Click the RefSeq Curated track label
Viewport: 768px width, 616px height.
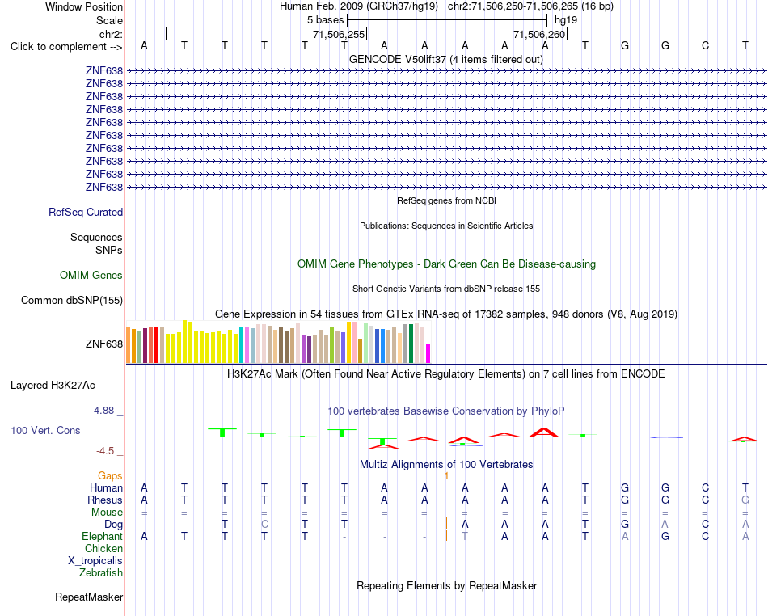(x=86, y=212)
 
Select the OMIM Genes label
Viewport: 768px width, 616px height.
(x=91, y=275)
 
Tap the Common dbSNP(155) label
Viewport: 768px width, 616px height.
(x=72, y=300)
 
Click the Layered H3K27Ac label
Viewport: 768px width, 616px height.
(x=53, y=386)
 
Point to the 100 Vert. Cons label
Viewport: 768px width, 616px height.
(x=45, y=430)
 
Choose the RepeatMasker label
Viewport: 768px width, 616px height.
(x=89, y=597)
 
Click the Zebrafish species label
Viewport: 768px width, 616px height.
(x=101, y=572)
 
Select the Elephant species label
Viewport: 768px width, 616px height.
(x=102, y=536)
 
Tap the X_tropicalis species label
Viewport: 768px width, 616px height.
(x=95, y=561)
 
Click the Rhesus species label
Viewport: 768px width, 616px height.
(x=105, y=500)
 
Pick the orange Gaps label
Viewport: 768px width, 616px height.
(x=110, y=476)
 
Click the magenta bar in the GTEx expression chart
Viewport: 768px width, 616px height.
(x=428, y=353)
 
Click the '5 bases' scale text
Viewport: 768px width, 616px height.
(x=326, y=20)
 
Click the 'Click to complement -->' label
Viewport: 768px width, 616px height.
(x=66, y=47)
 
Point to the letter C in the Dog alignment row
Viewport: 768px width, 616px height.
(x=264, y=524)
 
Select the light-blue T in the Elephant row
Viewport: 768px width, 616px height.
(x=465, y=536)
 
